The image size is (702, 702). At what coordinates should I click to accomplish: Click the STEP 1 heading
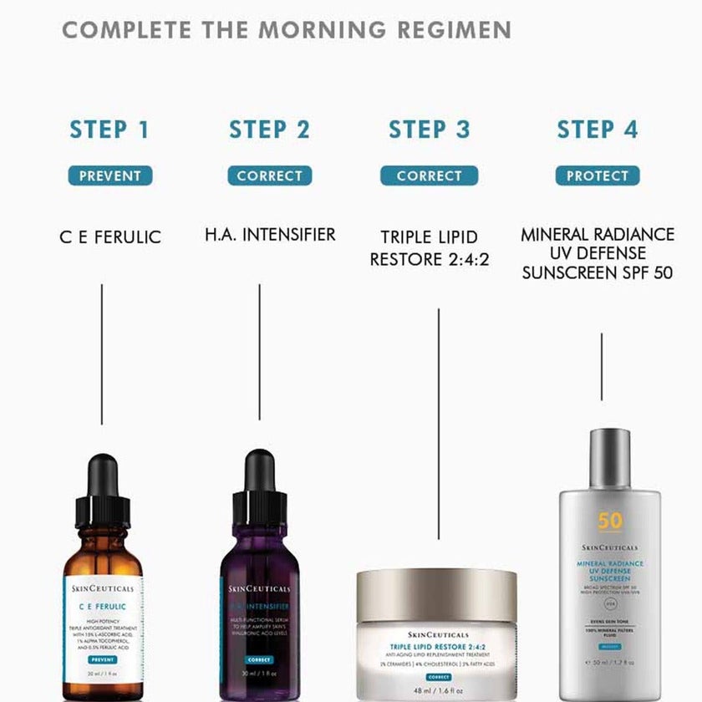pos(109,130)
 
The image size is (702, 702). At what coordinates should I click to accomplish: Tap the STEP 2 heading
pos(269,130)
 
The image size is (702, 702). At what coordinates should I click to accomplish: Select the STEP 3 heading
pos(429,130)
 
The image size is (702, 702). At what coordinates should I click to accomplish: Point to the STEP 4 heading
pos(597,130)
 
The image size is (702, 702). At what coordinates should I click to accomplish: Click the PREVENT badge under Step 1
pos(110,176)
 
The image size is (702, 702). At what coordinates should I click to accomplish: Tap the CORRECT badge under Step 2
pos(269,176)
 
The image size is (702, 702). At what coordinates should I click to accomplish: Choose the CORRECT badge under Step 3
pos(429,176)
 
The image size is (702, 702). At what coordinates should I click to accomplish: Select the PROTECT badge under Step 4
pos(598,176)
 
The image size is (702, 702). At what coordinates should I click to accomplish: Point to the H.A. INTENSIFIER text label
pos(270,235)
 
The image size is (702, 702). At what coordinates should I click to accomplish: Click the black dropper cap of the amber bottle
pos(103,493)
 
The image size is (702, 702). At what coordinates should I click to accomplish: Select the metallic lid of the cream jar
pos(436,596)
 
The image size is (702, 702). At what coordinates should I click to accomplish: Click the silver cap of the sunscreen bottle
pos(609,460)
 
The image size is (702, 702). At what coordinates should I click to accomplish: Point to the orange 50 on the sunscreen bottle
pos(610,521)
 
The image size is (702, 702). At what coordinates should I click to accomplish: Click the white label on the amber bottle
pos(103,623)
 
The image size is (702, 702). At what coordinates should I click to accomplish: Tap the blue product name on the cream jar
pos(438,646)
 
